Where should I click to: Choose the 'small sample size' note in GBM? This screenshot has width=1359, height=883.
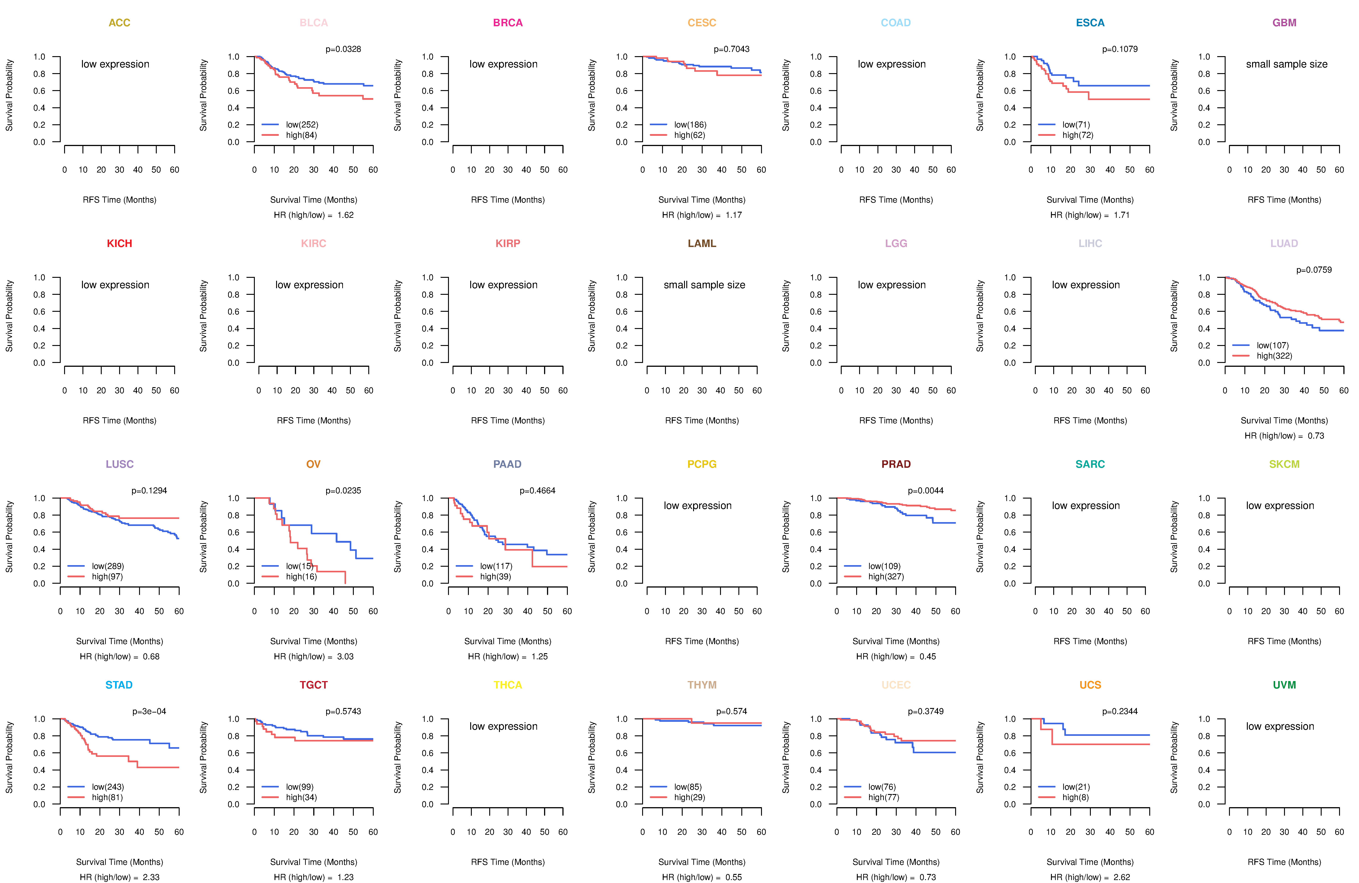1287,64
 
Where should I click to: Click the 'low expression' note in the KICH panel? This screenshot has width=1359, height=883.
115,285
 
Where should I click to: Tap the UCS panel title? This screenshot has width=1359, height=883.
1090,685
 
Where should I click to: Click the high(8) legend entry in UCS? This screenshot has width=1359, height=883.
1075,797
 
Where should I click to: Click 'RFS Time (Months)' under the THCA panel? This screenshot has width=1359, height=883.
508,862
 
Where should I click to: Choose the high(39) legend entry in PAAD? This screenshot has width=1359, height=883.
496,576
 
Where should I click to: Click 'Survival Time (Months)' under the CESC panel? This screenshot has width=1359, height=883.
702,200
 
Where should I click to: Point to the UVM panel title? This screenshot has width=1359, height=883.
1284,685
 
